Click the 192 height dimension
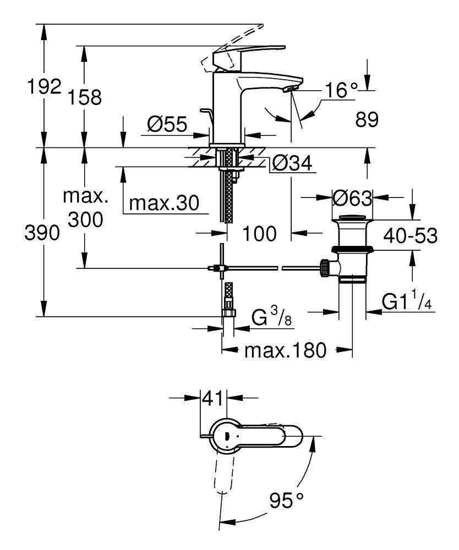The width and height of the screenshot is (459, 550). pos(44,87)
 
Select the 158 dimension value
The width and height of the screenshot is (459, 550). pos(85,97)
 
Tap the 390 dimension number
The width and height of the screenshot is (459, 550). pos(42,233)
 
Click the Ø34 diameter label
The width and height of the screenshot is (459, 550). pos(292,163)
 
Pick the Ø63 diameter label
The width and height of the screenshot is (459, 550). pos(352,199)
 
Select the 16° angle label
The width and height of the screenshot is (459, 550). pos(341,90)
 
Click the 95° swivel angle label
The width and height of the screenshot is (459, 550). pos(287,500)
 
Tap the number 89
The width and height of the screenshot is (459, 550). pos(367,119)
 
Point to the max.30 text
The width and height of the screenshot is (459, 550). pos(164,203)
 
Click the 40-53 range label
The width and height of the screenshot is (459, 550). pos(410,235)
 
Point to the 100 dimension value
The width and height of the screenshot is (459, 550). pos(260,234)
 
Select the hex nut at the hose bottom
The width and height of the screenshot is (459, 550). pos(229,312)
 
